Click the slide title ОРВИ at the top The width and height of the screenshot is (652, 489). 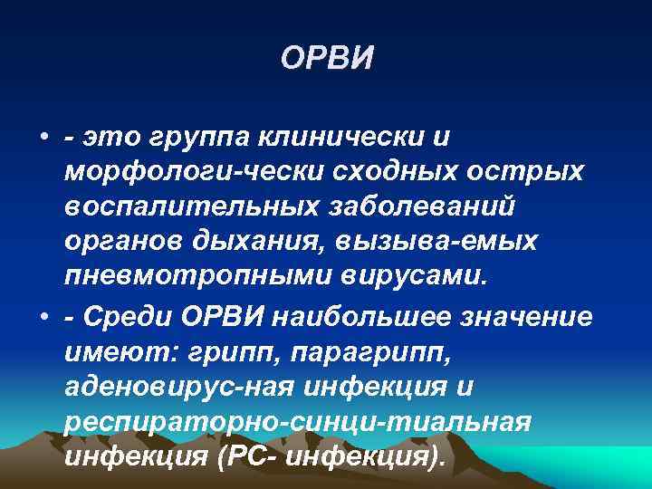point(326,59)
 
